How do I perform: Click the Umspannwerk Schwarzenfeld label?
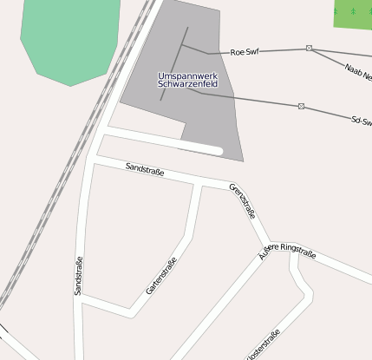[187, 81]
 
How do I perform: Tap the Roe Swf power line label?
[245, 52]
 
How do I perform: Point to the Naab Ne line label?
[357, 72]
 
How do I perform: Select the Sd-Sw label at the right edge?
[361, 121]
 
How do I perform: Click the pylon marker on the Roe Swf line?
[309, 49]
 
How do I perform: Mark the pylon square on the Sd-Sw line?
[302, 106]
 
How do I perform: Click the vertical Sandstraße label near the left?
[78, 277]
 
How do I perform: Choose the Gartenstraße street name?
[161, 277]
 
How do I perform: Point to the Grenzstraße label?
[244, 201]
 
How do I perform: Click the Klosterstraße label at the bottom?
[264, 345]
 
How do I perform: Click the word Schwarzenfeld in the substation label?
[187, 85]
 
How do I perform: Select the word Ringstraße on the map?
[297, 252]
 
